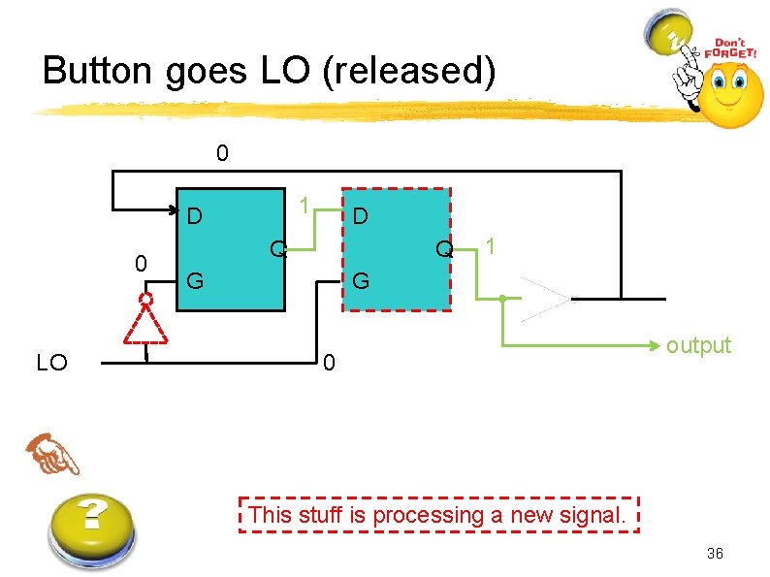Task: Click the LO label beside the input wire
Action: point(51,364)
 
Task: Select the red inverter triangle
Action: point(145,323)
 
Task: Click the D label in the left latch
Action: point(195,215)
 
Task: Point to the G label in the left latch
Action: point(195,282)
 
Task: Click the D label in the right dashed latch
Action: point(360,215)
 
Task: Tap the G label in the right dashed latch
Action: point(361,282)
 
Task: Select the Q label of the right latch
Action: point(444,249)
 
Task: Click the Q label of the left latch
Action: point(278,249)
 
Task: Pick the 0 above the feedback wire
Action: point(222,153)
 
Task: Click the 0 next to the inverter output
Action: point(141,264)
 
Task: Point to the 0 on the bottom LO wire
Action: point(330,364)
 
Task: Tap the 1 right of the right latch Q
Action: point(493,247)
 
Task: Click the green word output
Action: point(698,346)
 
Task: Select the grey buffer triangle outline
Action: point(545,298)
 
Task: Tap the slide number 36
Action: point(716,554)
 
